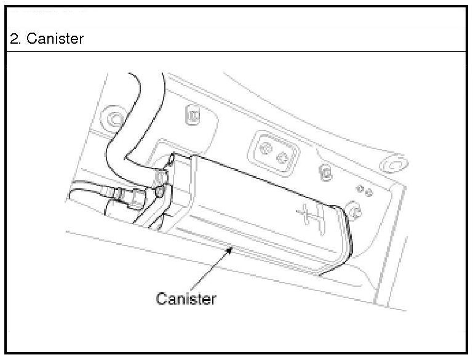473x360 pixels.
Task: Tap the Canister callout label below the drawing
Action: coord(186,299)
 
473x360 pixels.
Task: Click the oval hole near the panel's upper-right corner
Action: coord(392,164)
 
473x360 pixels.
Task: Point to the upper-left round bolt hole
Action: coord(113,117)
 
